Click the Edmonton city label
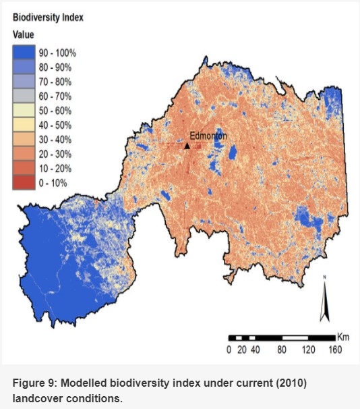[208, 135]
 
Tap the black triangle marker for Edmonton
[187, 145]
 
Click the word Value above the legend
[24, 34]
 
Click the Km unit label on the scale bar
[342, 336]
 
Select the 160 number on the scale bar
[334, 350]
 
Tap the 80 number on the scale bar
[281, 350]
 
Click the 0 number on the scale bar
[229, 350]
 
